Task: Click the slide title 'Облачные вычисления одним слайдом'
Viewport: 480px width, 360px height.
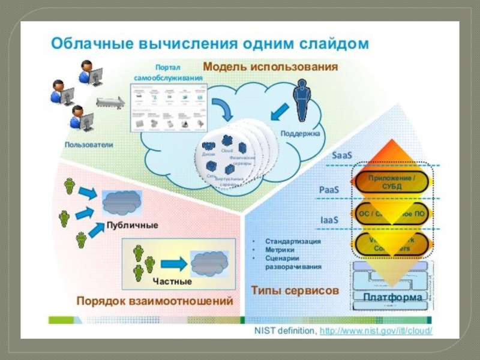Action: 209,43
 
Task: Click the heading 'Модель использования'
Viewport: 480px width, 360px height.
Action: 270,66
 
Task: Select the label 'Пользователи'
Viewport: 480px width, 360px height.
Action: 89,145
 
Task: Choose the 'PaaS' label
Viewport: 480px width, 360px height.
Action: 329,190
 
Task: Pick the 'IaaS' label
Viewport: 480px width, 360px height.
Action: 328,220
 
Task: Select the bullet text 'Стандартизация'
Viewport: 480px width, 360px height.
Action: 293,241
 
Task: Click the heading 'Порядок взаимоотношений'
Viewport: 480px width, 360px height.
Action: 154,301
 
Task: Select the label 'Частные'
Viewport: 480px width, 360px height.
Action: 172,281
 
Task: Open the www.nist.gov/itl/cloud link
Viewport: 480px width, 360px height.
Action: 376,331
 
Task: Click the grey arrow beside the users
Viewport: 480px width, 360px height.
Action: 110,103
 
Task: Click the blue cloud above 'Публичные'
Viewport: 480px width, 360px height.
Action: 122,203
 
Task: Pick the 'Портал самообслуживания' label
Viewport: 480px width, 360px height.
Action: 168,73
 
